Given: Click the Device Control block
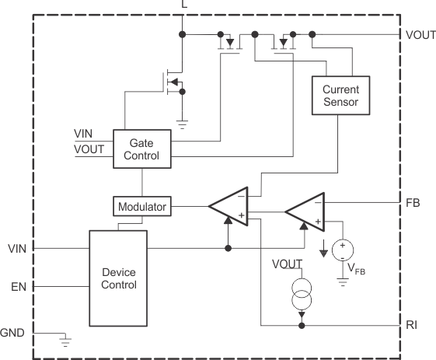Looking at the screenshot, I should point(119,278).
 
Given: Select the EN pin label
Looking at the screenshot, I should point(19,286).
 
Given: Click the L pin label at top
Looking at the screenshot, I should point(184,5).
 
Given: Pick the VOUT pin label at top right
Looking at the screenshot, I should point(420,35).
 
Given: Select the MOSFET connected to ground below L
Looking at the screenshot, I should point(174,82).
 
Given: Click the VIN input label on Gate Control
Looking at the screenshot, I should point(84,133).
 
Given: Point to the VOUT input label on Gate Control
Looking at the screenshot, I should point(88,149).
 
